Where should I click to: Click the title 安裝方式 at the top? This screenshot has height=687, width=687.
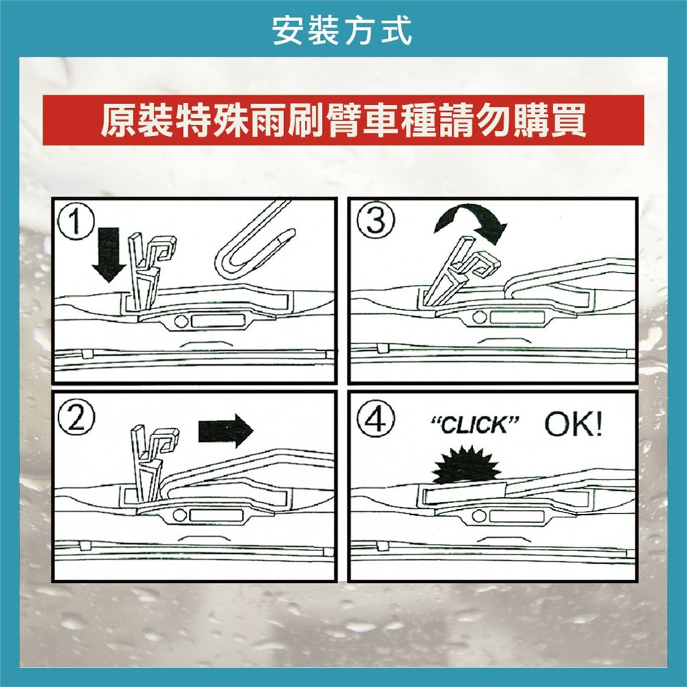(342, 31)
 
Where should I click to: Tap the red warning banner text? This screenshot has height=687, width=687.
(343, 120)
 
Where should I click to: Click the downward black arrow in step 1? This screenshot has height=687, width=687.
(108, 254)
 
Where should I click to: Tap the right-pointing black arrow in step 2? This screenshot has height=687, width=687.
(225, 431)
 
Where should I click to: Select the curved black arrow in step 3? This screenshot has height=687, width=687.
(471, 219)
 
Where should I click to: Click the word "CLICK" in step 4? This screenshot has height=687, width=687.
(474, 425)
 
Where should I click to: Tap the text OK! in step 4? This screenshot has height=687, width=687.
(573, 424)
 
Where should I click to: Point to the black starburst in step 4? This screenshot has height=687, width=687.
(466, 465)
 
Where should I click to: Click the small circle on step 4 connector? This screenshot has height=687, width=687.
(479, 516)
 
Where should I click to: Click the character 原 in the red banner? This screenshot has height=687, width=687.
(118, 120)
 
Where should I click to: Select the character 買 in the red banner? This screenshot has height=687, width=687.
(569, 120)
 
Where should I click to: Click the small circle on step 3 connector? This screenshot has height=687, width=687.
(479, 317)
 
